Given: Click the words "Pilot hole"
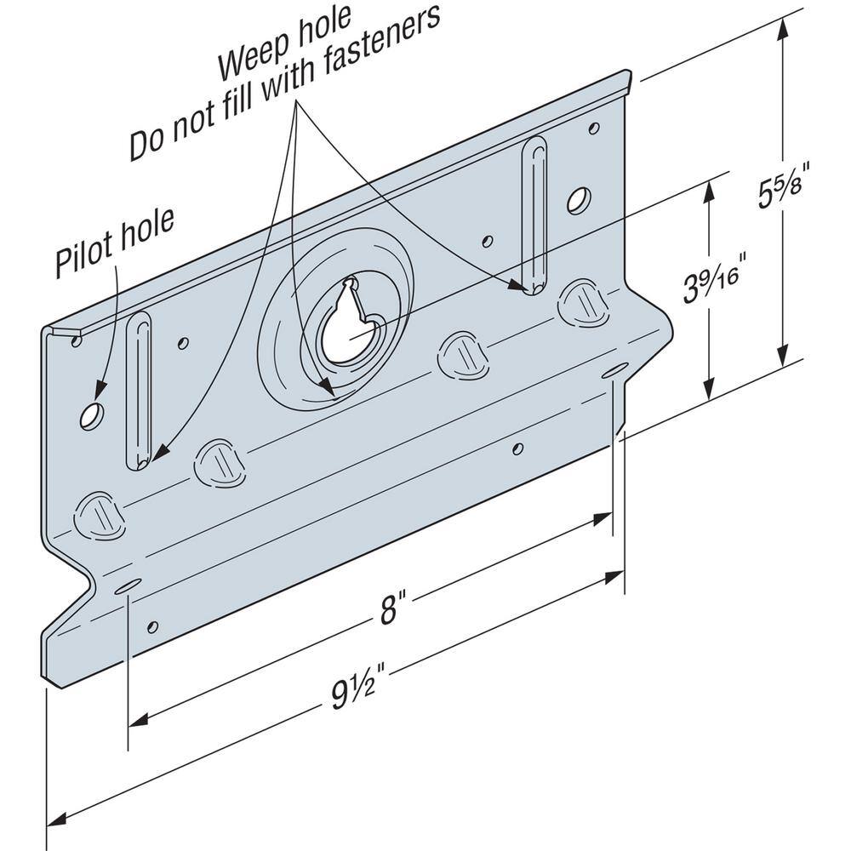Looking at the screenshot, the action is coord(115,243).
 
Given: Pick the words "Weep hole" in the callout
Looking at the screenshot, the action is coord(284,44).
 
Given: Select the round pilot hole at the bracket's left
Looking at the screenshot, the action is coord(91,416).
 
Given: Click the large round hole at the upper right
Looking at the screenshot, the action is coord(579,200).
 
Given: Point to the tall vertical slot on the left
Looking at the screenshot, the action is coord(139,391).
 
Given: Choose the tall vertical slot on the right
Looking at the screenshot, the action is coord(534,215).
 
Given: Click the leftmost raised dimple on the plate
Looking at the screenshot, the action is coord(100,516).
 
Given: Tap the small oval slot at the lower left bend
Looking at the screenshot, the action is coord(128,587).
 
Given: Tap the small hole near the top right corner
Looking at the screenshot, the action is coord(594,129).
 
